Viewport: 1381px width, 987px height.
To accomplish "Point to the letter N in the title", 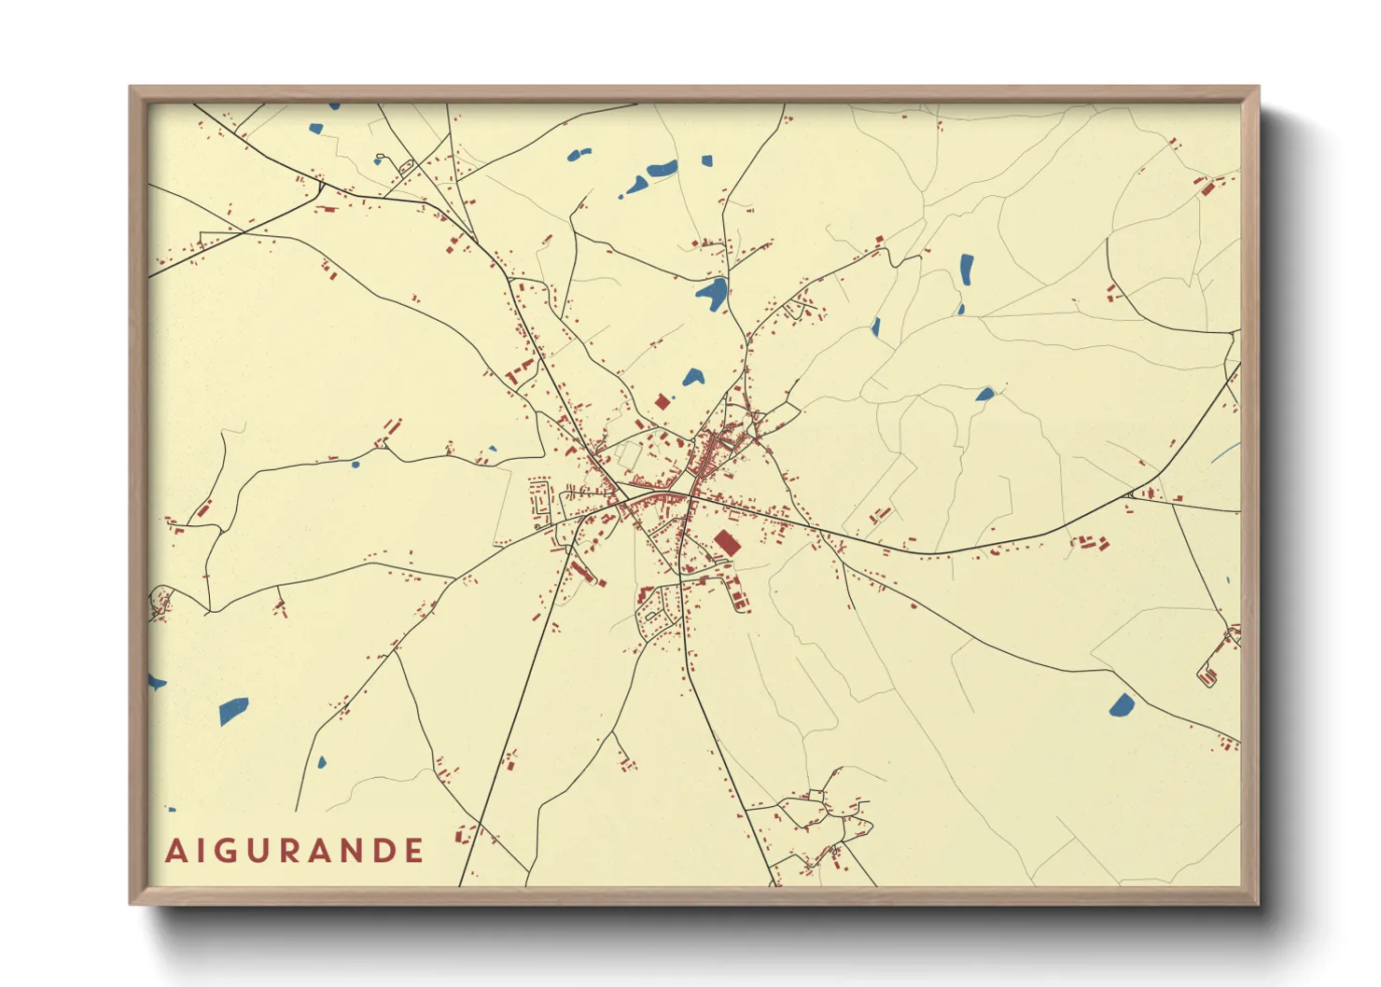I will click(349, 851).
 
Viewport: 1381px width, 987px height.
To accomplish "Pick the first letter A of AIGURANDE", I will click(175, 851).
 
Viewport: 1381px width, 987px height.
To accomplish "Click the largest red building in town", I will click(726, 543).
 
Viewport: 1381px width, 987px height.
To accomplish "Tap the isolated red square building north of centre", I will click(663, 402).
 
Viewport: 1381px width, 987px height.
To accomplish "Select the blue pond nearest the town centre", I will click(692, 377).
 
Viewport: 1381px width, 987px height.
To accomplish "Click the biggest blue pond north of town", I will click(712, 293).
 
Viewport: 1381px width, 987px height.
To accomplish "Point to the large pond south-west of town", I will click(233, 711).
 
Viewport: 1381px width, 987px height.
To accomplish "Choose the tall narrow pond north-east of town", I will click(967, 271).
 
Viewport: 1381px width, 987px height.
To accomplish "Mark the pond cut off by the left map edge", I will click(155, 684).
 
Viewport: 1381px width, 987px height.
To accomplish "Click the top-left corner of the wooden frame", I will click(132, 88).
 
